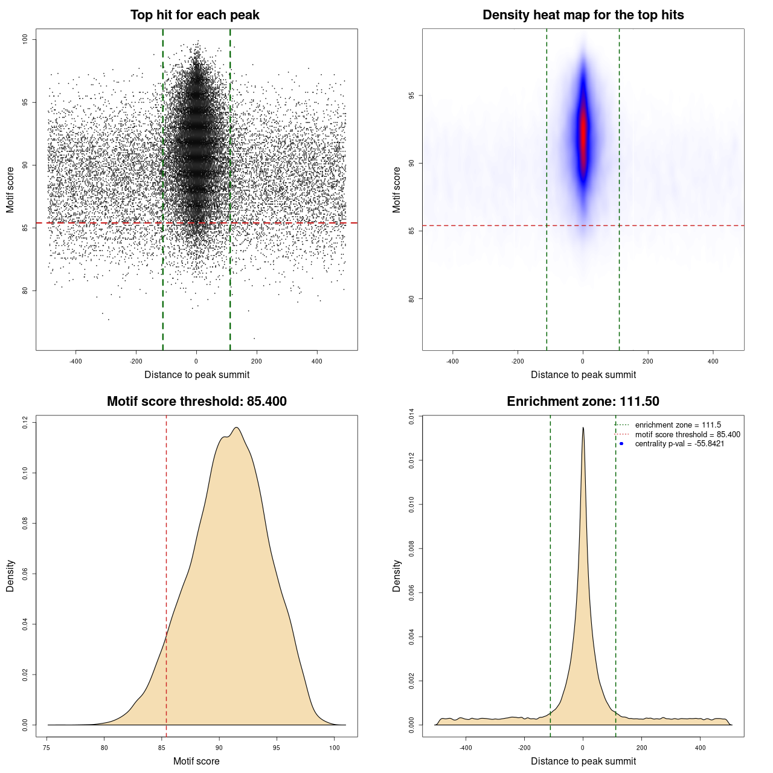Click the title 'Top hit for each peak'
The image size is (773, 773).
(x=194, y=15)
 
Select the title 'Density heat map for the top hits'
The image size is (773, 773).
(x=583, y=15)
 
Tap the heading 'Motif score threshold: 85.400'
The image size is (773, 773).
(x=196, y=402)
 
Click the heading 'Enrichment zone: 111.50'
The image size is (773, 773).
(x=583, y=402)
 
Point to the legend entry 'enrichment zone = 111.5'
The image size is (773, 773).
(x=678, y=425)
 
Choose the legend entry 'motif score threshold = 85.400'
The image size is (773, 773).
(x=687, y=434)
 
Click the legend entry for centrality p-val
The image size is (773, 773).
(x=679, y=444)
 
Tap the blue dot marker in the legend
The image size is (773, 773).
(x=621, y=444)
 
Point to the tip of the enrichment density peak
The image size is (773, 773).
(x=583, y=428)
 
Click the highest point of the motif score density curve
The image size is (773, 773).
(x=237, y=428)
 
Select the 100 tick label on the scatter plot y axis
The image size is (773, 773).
(x=25, y=39)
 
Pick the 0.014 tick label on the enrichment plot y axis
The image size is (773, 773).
(x=411, y=417)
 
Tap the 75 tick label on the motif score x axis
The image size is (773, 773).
(x=47, y=748)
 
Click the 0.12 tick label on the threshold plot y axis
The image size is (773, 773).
(x=25, y=422)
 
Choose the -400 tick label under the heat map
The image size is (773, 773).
(x=452, y=361)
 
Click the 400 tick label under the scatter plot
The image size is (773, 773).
(x=316, y=361)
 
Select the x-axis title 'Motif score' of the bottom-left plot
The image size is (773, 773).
(x=196, y=761)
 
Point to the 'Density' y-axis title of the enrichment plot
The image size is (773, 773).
(x=397, y=576)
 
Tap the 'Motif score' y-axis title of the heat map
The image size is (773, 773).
(x=397, y=190)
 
